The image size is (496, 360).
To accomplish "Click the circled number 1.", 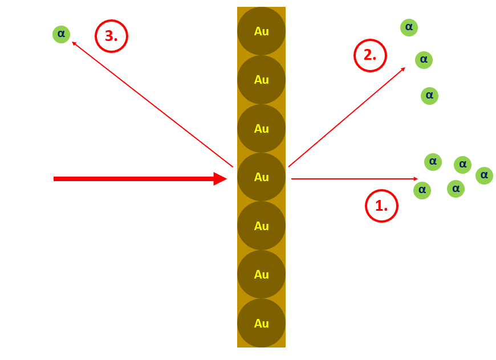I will click(381, 206).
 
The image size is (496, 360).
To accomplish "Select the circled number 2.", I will click(371, 55).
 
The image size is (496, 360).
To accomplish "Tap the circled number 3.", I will click(111, 36).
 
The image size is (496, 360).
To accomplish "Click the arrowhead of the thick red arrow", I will click(221, 179).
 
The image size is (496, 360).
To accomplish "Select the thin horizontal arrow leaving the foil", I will click(353, 179).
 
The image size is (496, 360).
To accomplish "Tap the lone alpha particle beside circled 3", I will click(61, 34).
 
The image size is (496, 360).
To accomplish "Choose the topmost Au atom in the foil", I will click(261, 31).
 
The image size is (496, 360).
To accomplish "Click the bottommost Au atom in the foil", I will click(261, 323).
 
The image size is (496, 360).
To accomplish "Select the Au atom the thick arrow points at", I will click(261, 177).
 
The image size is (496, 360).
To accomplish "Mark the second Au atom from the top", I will click(261, 80).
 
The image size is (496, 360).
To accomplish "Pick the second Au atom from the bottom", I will click(261, 275).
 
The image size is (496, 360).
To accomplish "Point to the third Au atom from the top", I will click(261, 129).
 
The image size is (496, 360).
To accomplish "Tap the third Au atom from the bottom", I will click(261, 226).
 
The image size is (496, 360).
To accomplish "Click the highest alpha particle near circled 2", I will click(409, 27).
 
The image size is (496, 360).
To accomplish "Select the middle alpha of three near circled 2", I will click(424, 59).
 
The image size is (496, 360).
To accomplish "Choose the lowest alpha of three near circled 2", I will click(429, 95).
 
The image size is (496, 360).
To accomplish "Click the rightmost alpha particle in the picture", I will click(484, 175).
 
